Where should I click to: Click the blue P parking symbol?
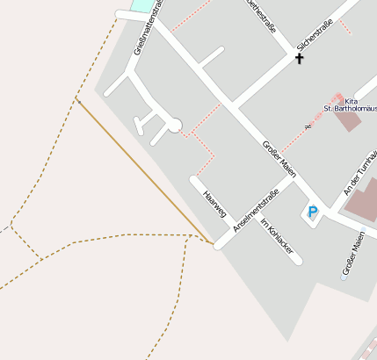312,212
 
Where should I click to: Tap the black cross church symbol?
299,59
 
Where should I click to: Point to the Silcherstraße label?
314,35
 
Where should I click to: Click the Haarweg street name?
214,204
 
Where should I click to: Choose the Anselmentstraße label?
256,211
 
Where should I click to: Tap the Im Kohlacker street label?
280,239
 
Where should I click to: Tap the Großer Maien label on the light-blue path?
353,254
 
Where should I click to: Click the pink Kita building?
347,119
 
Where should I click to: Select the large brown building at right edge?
362,200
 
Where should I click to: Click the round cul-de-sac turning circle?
174,125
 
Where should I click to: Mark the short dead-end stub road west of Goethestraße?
210,57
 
